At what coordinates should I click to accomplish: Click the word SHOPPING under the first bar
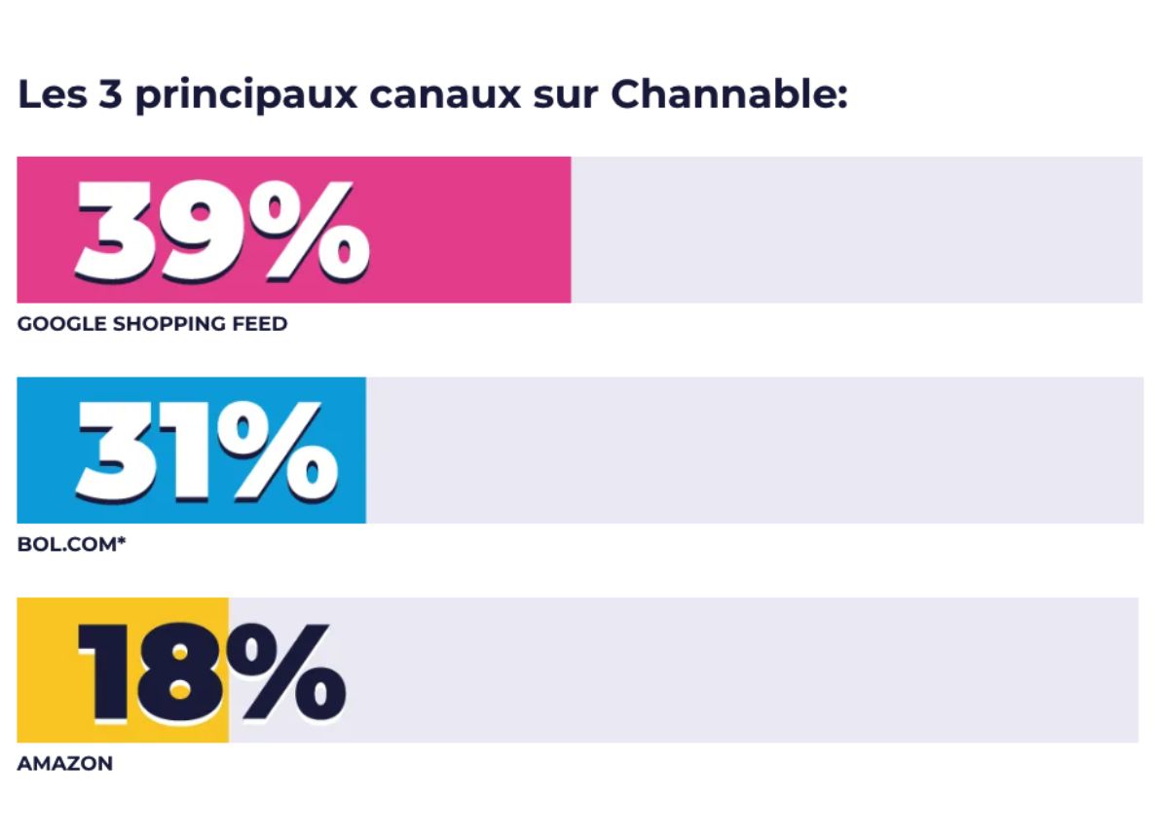coord(170,324)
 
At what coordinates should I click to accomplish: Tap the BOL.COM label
coord(66,544)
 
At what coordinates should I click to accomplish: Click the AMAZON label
coord(64,764)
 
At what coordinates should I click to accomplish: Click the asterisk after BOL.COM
coord(122,541)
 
